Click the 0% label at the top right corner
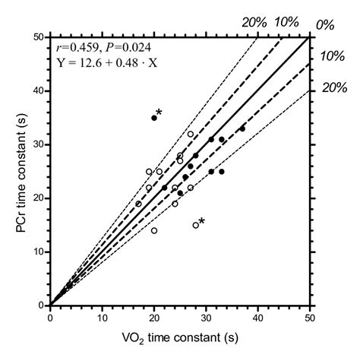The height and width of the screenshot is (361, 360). click(325, 25)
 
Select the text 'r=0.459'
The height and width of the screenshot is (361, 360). click(76, 49)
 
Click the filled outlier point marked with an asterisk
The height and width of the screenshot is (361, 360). click(154, 118)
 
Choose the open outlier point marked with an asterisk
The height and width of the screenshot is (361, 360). click(196, 225)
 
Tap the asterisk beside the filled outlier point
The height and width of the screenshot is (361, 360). click(159, 112)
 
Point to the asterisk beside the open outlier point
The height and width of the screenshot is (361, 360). click(202, 221)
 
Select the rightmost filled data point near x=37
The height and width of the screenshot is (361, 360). click(242, 128)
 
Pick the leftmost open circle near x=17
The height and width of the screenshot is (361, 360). click(138, 204)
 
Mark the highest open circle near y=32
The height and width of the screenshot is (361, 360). click(191, 134)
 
